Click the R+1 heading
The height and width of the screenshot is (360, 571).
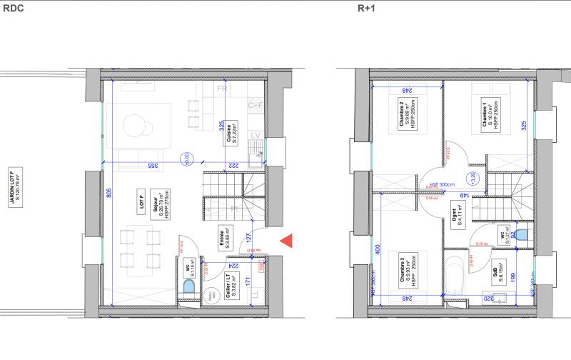[x=365, y=9]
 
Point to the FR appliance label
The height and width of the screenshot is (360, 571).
[x=223, y=89]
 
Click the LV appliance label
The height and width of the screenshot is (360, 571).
[x=255, y=135]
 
